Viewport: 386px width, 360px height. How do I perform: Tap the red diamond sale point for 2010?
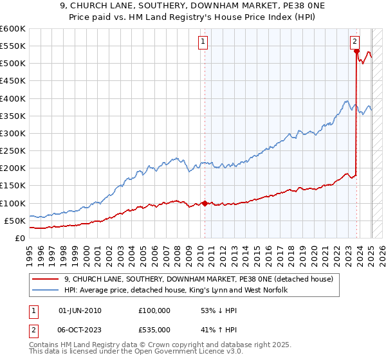tap(205, 203)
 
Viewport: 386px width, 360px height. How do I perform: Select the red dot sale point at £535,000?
tap(356, 51)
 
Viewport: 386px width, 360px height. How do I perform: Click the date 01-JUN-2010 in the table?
tap(80, 310)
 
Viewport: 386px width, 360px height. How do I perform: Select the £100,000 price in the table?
tap(154, 310)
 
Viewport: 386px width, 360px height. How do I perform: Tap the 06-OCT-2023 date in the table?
tap(80, 328)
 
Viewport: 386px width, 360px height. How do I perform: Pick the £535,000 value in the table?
tap(154, 328)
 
